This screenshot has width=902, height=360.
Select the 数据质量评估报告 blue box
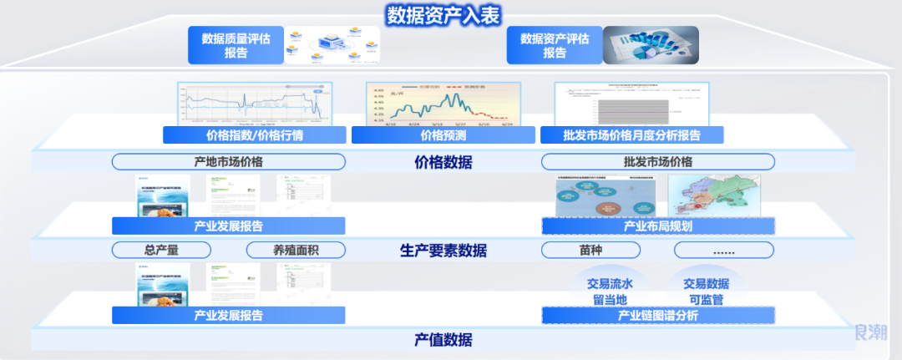(x=236, y=45)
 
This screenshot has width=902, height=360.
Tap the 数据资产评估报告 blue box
(x=555, y=45)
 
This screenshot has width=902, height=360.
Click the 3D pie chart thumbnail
(x=651, y=45)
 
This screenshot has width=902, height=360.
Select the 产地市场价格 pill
(x=228, y=162)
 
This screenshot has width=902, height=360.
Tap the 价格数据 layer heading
(x=443, y=162)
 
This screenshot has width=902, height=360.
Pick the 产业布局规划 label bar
(x=657, y=226)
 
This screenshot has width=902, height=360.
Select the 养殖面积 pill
(x=296, y=250)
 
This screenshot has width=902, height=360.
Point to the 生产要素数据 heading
(x=443, y=251)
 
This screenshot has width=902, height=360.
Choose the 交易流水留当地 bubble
(x=610, y=291)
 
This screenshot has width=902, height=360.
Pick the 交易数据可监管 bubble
(x=706, y=291)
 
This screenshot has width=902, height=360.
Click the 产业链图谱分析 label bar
(x=657, y=316)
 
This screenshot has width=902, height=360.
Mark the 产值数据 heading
(x=443, y=340)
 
